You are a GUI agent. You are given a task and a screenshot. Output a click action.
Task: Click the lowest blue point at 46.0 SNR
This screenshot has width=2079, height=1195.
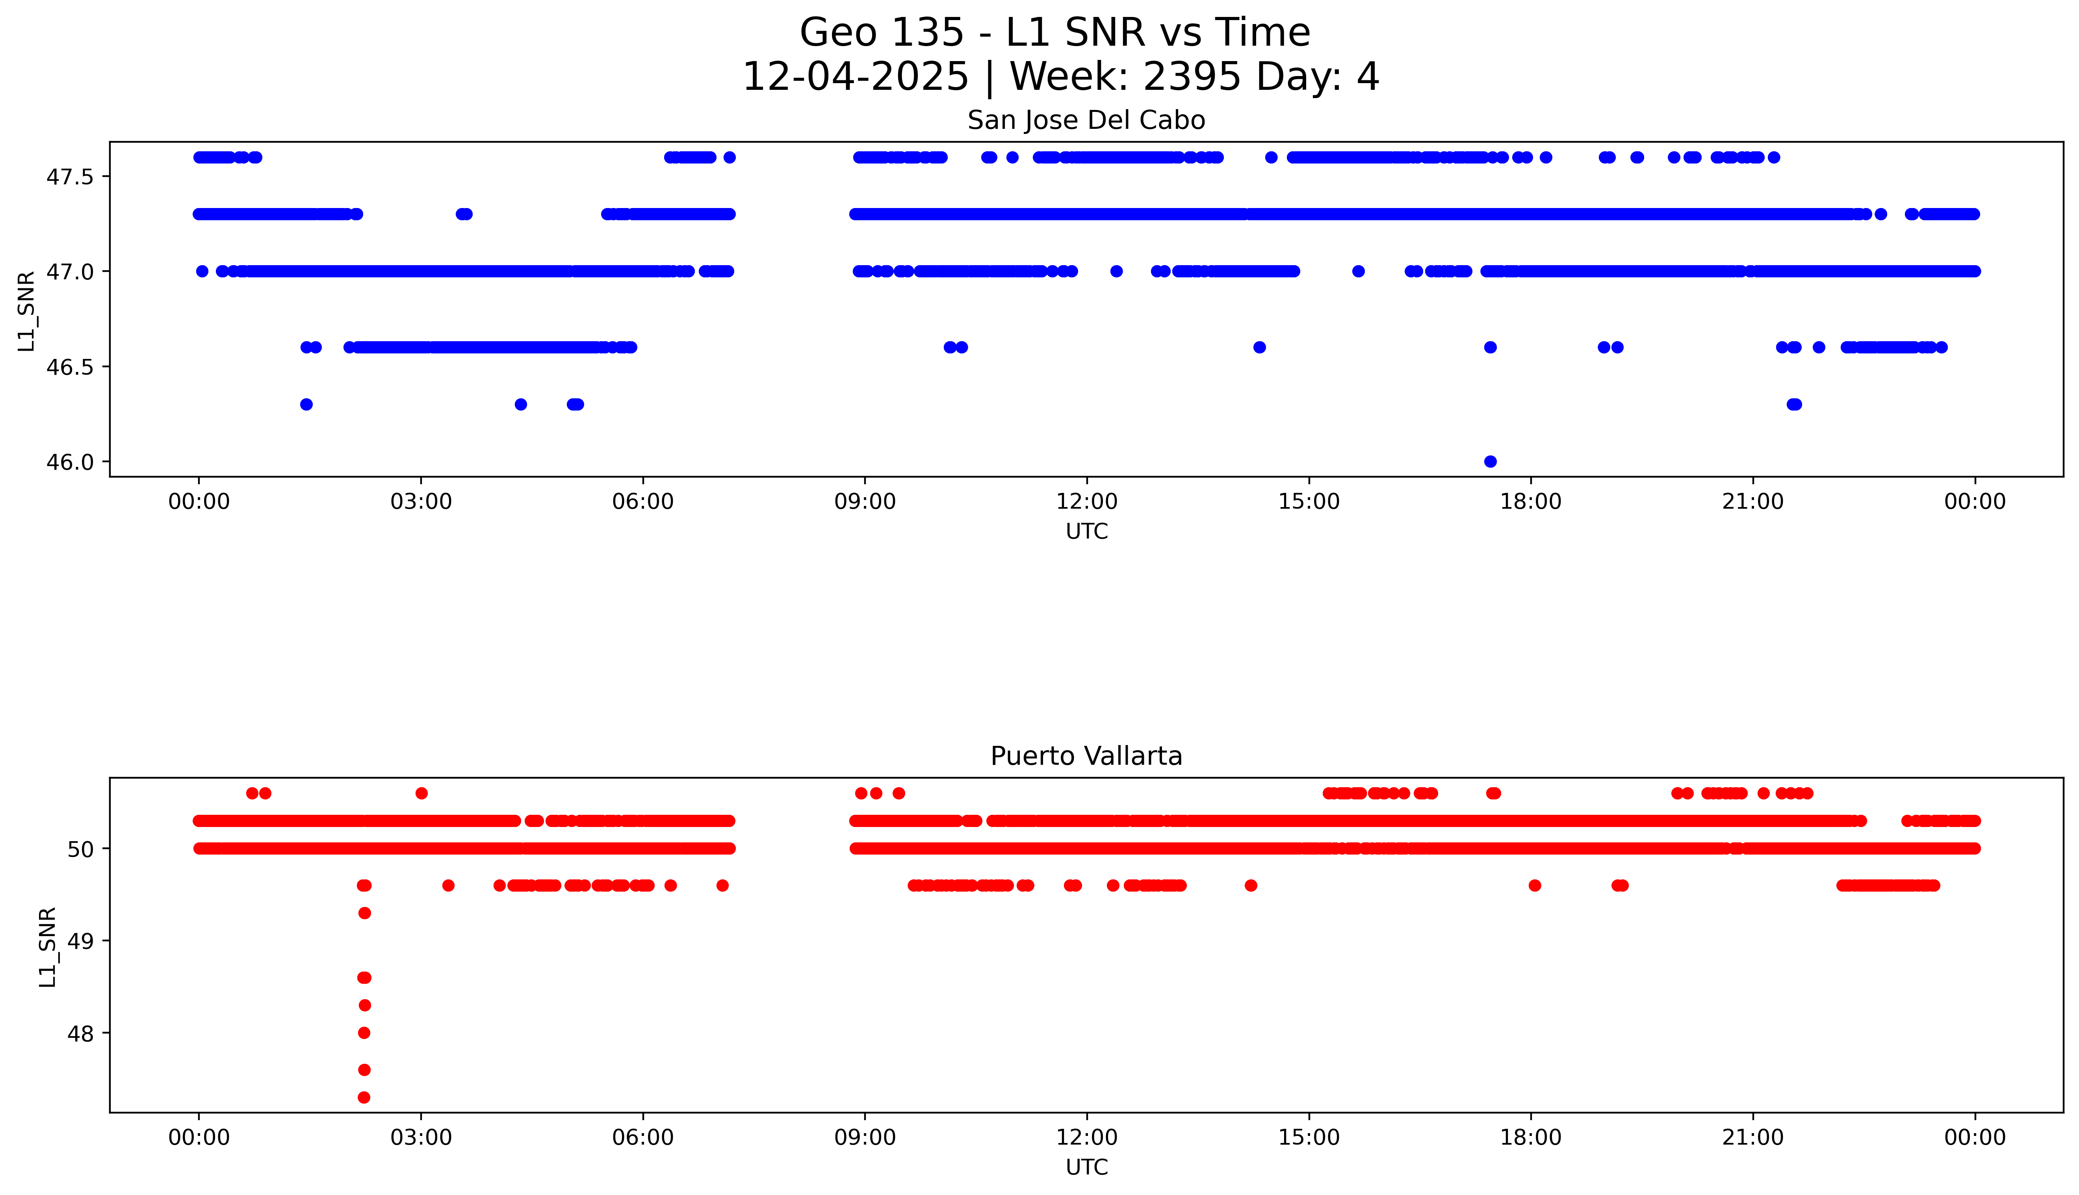click(x=1490, y=461)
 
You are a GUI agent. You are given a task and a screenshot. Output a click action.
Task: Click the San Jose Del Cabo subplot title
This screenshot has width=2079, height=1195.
click(x=1086, y=121)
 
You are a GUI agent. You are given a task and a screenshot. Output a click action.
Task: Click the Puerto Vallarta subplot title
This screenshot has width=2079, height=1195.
click(x=1086, y=756)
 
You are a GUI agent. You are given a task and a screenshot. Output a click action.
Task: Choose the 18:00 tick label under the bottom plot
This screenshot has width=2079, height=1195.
click(x=1530, y=1137)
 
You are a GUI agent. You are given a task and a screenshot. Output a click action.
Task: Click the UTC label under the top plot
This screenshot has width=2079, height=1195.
click(x=1086, y=532)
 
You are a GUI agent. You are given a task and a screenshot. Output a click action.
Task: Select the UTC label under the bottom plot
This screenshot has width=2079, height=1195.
click(x=1086, y=1167)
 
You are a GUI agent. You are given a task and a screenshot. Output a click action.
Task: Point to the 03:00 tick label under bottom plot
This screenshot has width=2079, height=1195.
click(x=421, y=1137)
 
